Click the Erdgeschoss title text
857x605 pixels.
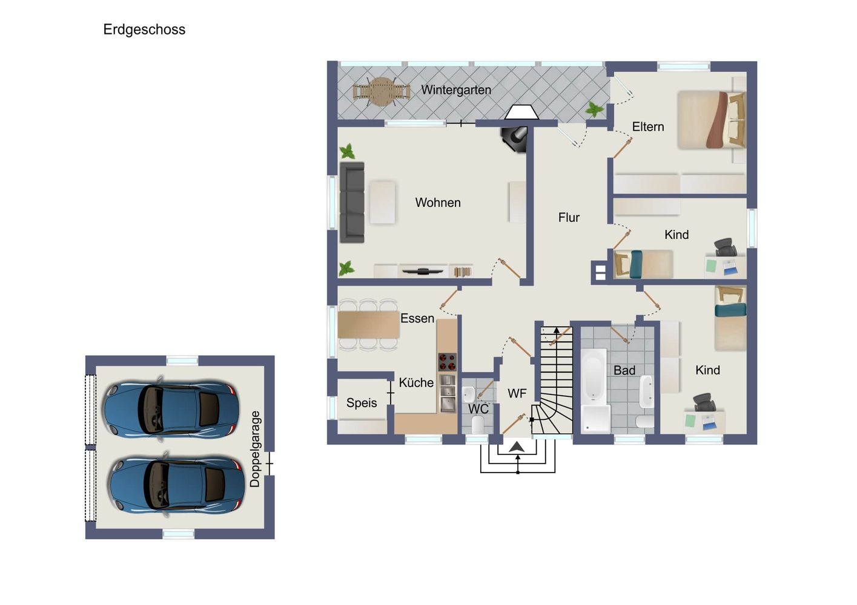(x=144, y=30)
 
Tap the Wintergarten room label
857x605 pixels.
(x=456, y=90)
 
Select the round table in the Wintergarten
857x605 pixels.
(x=381, y=92)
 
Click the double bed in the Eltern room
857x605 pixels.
(x=712, y=120)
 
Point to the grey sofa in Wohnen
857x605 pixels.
(x=352, y=202)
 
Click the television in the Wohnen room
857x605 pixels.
(x=422, y=272)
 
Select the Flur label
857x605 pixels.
(x=569, y=217)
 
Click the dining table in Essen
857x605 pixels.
(x=368, y=325)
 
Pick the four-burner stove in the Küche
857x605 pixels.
(x=447, y=362)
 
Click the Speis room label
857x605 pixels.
(x=362, y=403)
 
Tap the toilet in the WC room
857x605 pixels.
(x=477, y=424)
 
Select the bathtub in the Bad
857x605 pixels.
(x=594, y=375)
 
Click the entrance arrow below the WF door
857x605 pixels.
(x=517, y=447)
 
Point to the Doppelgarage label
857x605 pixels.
(x=255, y=449)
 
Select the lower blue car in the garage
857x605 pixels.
(x=177, y=485)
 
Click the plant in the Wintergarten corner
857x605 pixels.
(x=594, y=110)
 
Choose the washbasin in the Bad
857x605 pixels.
(x=647, y=391)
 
